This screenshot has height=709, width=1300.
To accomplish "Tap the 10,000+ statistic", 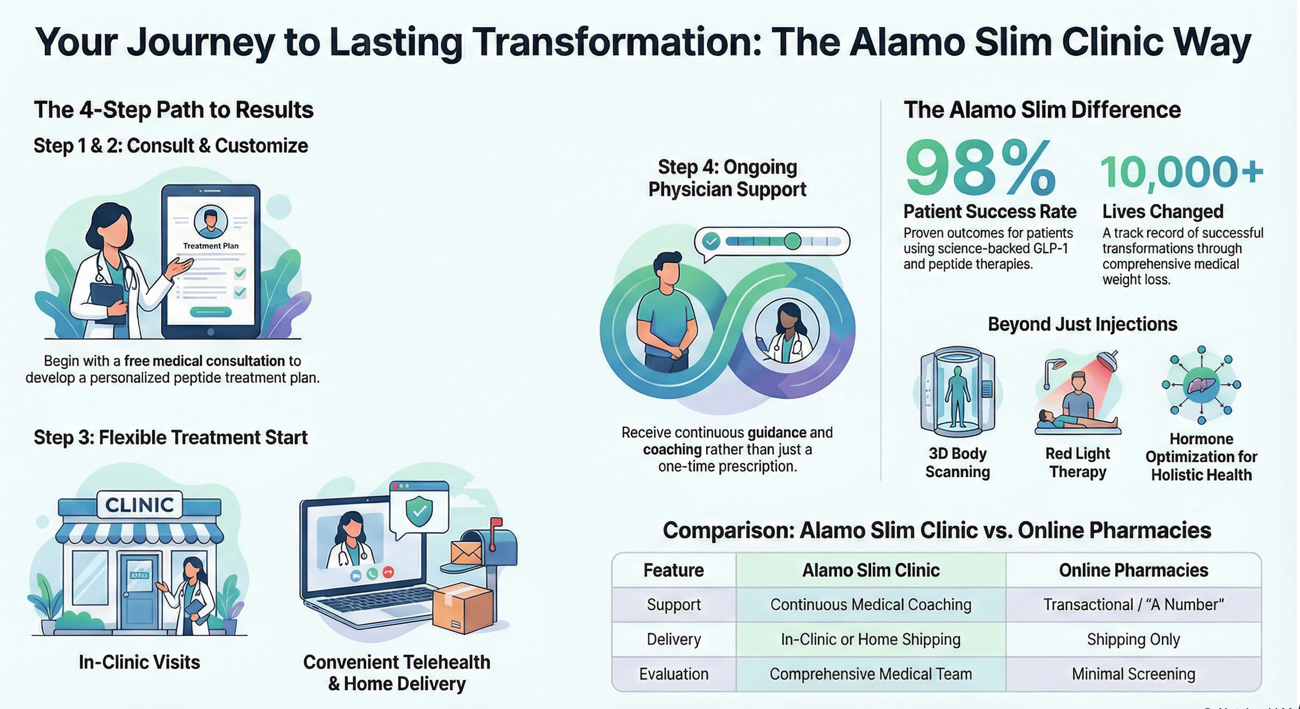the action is click(1181, 172).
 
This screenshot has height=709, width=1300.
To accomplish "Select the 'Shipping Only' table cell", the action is click(1133, 640).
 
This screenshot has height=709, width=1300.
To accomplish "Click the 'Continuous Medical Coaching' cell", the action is click(870, 605).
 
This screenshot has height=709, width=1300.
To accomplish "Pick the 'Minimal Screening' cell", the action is click(1133, 674).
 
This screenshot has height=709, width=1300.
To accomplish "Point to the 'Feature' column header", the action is click(673, 570).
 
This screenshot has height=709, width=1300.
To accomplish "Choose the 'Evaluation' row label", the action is click(673, 674).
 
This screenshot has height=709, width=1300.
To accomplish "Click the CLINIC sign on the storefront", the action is click(139, 505).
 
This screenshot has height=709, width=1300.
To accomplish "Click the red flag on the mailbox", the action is click(495, 525).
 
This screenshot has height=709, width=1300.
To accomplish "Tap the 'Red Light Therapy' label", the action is click(1077, 462).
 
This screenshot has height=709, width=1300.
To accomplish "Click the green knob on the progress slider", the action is click(792, 241).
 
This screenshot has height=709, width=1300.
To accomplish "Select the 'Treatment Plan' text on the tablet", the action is click(211, 246).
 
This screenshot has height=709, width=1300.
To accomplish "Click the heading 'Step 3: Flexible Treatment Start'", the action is click(171, 437).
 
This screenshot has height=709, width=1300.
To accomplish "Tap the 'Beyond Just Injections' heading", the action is click(1082, 324).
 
